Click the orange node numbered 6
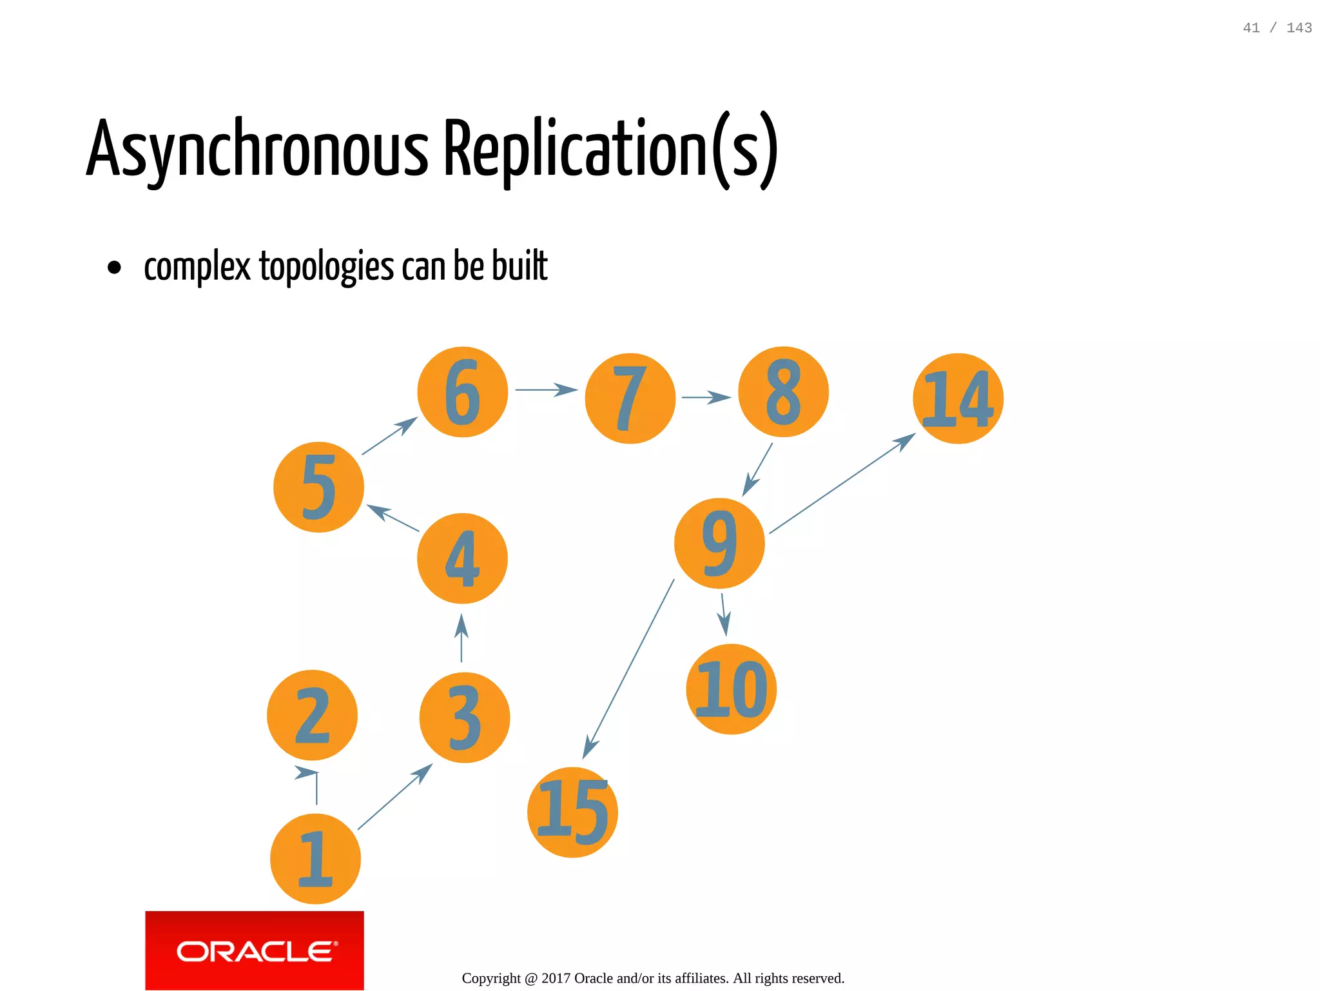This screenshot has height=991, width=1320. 462,392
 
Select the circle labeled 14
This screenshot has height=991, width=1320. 958,398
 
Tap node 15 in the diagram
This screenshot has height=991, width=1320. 572,812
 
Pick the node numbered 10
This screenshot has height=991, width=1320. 732,689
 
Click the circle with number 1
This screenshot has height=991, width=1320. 315,859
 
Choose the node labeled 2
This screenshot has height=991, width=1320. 312,715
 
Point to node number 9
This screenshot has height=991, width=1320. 719,543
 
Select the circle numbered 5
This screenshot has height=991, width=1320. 318,487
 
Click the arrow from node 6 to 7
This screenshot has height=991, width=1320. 546,389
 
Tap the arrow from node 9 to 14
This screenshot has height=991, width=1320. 842,484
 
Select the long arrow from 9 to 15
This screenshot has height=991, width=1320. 628,669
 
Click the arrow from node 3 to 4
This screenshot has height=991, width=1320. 461,638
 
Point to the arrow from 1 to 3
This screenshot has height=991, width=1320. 394,797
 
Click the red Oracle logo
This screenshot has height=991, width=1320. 255,950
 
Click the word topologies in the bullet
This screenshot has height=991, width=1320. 326,266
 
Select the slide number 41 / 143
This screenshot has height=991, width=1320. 1277,28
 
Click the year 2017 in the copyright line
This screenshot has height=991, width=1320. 556,978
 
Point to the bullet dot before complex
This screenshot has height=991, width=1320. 114,267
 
